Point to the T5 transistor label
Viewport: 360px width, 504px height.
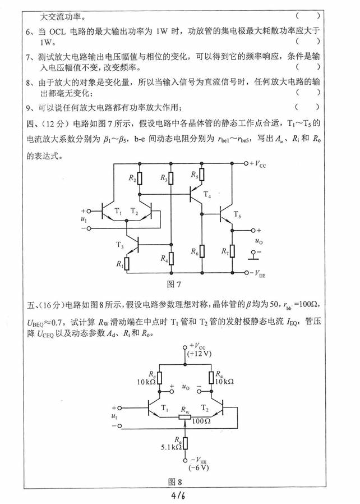[237, 216]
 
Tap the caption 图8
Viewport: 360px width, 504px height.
[176, 481]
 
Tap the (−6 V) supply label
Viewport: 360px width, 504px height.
[199, 467]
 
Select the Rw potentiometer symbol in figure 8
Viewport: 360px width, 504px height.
[184, 417]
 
